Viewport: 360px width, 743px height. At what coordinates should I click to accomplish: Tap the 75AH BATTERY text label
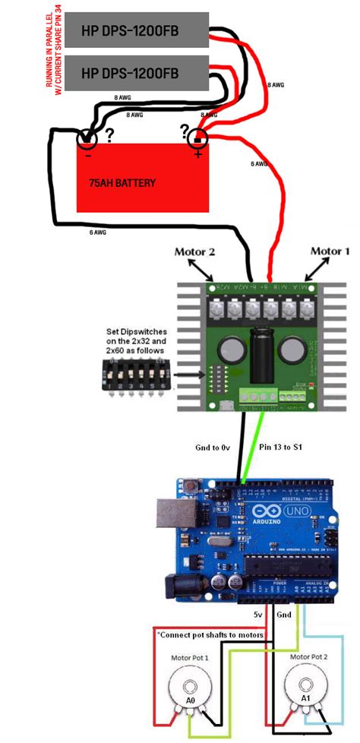click(x=122, y=183)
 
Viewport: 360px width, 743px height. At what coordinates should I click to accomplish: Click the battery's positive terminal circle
click(x=197, y=138)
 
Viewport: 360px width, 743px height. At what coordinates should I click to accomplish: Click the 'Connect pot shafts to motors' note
click(x=210, y=634)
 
